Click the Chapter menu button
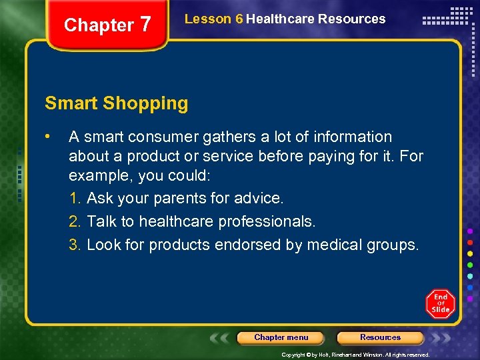[281, 337]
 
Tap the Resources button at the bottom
[380, 337]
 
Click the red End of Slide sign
[440, 303]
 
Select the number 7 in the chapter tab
[145, 25]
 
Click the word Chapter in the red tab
[99, 25]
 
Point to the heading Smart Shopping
[117, 103]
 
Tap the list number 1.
[75, 199]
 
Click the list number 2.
[75, 221]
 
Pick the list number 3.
[75, 245]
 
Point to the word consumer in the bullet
[154, 137]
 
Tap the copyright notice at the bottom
[355, 355]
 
